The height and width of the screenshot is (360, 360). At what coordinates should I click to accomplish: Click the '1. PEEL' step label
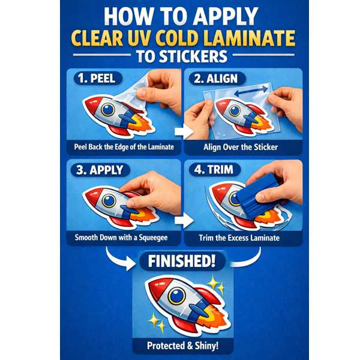tap(98, 79)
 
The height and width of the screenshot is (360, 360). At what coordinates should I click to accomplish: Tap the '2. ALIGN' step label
tap(217, 79)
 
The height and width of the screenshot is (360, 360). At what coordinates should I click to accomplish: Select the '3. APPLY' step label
tap(100, 170)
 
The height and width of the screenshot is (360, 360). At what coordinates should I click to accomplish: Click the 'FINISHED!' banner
tap(182, 261)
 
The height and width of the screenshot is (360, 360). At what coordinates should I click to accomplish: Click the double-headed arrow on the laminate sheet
tap(251, 91)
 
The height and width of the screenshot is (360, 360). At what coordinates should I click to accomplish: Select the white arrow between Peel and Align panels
tap(184, 132)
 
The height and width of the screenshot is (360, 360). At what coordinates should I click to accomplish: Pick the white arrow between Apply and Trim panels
tap(184, 221)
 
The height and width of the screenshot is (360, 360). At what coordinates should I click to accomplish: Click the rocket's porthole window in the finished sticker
tap(176, 296)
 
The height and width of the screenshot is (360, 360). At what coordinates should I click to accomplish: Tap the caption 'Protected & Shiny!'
tap(183, 346)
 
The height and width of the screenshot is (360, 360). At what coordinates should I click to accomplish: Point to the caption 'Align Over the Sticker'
tap(241, 147)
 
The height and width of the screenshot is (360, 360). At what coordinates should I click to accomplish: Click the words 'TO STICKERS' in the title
tap(182, 56)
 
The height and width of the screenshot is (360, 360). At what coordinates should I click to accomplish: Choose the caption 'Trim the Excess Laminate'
tap(239, 238)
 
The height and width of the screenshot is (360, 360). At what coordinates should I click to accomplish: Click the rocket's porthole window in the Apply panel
tap(109, 200)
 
